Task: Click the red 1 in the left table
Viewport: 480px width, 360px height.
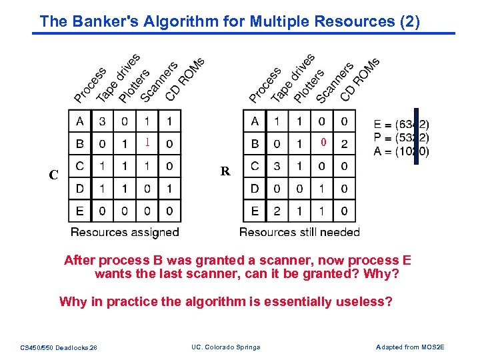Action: pyautogui.click(x=147, y=143)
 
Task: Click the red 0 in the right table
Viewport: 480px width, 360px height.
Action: pyautogui.click(x=322, y=143)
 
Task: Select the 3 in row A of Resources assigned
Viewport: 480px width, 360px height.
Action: pyautogui.click(x=101, y=121)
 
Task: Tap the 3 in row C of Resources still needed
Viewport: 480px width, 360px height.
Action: pyautogui.click(x=277, y=166)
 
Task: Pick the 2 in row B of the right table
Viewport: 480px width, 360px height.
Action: pyautogui.click(x=344, y=144)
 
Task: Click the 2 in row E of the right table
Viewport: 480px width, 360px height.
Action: pyautogui.click(x=277, y=211)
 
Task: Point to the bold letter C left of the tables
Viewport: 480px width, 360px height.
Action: pyautogui.click(x=54, y=176)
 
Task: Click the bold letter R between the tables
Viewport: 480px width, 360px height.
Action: pyautogui.click(x=225, y=172)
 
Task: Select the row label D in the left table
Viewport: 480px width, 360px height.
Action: pyautogui.click(x=80, y=189)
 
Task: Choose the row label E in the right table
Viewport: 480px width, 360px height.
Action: pyautogui.click(x=255, y=211)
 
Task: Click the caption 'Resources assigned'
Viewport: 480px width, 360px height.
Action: pyautogui.click(x=125, y=232)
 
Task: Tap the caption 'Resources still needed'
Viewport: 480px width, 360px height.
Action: pyautogui.click(x=299, y=232)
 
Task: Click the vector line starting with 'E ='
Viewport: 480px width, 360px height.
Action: pyautogui.click(x=401, y=124)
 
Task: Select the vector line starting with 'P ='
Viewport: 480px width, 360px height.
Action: pyautogui.click(x=401, y=138)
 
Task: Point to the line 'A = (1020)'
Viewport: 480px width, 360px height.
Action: pyautogui.click(x=401, y=151)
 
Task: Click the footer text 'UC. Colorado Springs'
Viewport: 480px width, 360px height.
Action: pyautogui.click(x=226, y=347)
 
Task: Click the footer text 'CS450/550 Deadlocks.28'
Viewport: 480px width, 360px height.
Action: pyautogui.click(x=59, y=347)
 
